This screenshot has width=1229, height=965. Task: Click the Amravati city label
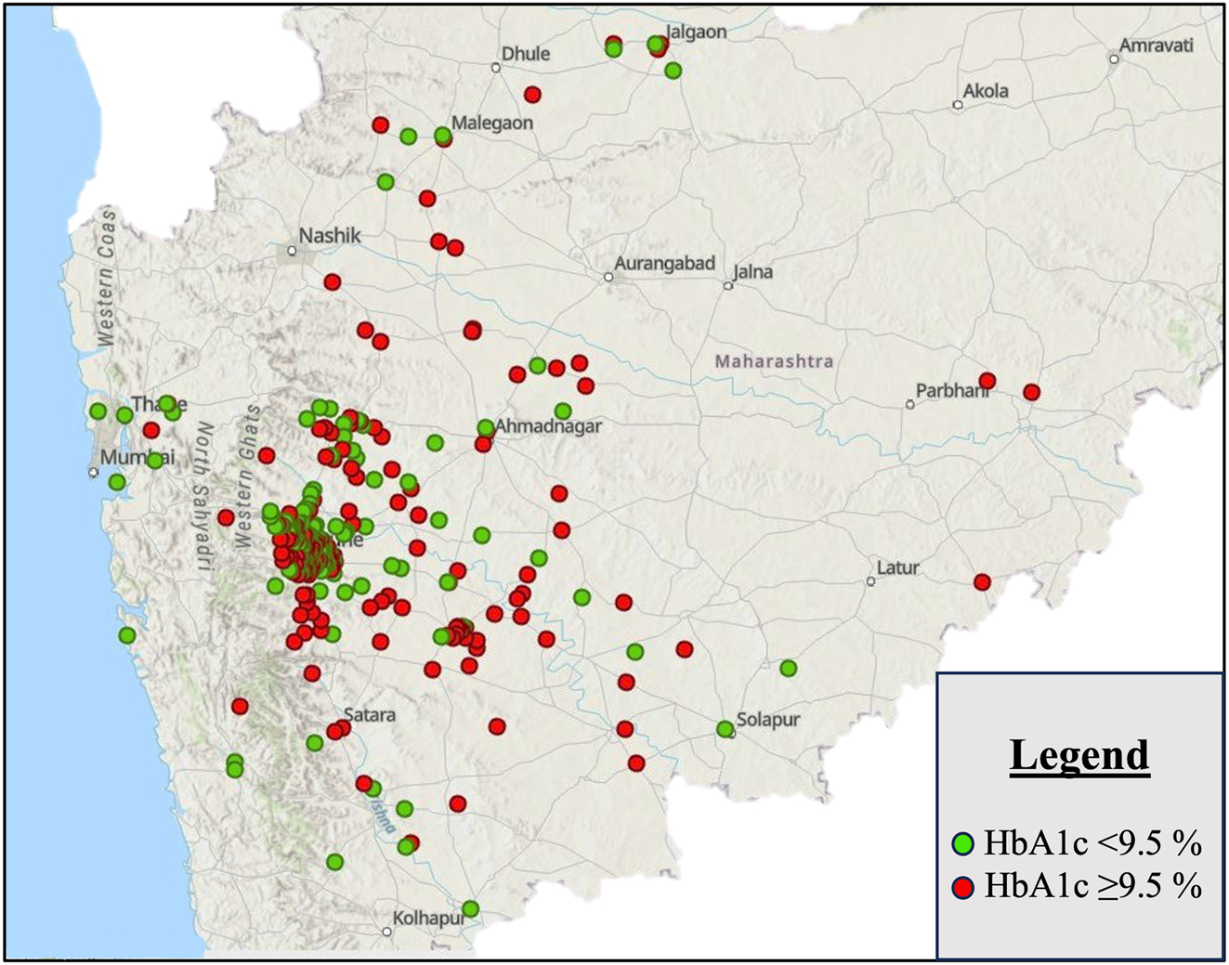coord(1156,46)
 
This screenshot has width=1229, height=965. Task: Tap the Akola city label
coord(986,91)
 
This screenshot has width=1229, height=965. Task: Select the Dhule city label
coord(526,54)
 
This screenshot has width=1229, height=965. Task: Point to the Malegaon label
coord(492,123)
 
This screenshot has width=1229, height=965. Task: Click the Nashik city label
coord(330,236)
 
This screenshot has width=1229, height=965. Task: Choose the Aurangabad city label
coord(664,264)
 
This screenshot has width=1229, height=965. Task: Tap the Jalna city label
coord(752,272)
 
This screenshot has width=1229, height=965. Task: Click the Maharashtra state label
coord(774,361)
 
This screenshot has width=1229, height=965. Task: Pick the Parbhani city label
coord(952,391)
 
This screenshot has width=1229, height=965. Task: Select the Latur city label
coord(898,567)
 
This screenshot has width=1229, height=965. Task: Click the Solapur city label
coord(768,720)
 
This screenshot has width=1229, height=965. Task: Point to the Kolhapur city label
coord(428,919)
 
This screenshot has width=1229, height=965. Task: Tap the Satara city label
coord(370,715)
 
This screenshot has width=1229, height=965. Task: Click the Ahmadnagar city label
coord(548,426)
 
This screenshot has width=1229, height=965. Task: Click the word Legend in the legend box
coord(1079,755)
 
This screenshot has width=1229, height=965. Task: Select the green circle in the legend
coord(962,844)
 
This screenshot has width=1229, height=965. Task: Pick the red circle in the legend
coord(962,887)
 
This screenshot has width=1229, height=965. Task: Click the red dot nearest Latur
coord(982,582)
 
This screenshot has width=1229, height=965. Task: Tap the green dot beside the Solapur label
coord(725,730)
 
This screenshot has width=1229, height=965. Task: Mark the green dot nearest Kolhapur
coord(470,908)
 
